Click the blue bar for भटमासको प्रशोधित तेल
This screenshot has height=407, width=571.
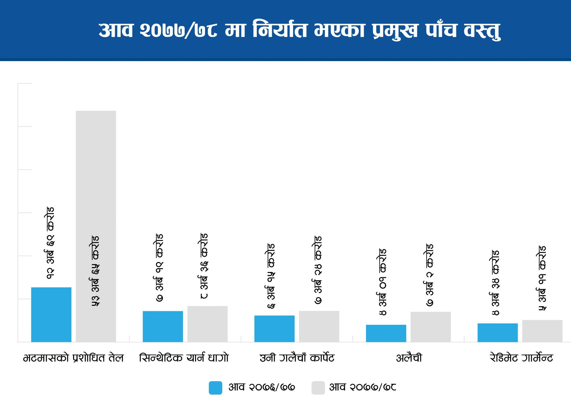coord(51,315)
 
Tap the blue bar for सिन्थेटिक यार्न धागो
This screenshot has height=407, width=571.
coord(163,326)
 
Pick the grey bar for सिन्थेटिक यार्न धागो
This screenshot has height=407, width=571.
coord(207,324)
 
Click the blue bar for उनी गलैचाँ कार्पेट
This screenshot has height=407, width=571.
coord(274,329)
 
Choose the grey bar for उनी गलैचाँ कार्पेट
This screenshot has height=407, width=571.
coord(319,326)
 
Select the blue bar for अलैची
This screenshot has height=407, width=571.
coord(386,333)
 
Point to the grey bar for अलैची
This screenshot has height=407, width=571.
coord(430,327)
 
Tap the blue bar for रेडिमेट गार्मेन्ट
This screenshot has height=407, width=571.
coord(497,333)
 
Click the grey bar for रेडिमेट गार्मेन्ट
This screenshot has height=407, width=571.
coord(542,331)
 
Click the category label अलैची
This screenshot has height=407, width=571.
coord(409,358)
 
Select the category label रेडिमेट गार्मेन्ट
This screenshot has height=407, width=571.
coord(521,358)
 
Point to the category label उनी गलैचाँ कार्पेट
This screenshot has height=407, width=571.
coord(297,358)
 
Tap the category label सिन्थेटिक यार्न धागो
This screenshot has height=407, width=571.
coord(184,358)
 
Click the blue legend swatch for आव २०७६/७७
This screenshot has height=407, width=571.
coord(215,388)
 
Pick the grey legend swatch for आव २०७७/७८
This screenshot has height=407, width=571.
coord(318,388)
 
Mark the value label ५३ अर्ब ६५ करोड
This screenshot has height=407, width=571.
coord(95,271)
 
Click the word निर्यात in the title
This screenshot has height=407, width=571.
coord(280,30)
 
